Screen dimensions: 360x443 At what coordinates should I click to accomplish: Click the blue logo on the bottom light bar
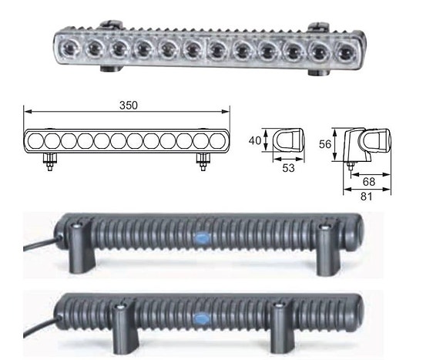(202, 316)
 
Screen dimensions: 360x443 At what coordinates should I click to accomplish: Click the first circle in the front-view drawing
(36, 140)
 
